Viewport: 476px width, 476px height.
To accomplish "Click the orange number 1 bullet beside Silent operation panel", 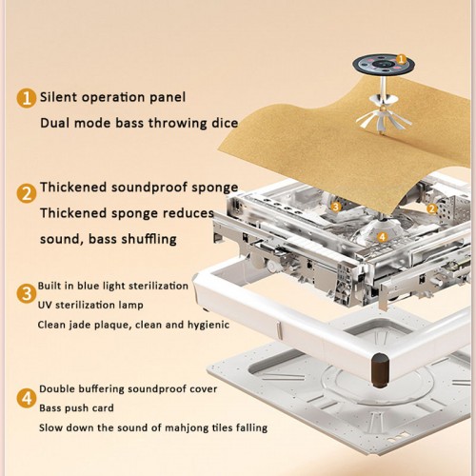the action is [27, 98].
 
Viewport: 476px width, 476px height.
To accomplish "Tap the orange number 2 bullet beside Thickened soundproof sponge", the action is [27, 193].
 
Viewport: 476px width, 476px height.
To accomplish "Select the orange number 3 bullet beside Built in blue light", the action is [27, 293].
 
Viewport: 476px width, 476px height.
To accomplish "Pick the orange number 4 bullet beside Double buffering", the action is [27, 398].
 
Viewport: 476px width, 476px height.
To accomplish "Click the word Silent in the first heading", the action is [58, 97].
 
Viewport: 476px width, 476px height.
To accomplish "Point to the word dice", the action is [225, 123].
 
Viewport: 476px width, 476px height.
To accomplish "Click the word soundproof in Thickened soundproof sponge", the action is [149, 188].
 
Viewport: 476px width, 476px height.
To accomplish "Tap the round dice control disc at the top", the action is [384, 65].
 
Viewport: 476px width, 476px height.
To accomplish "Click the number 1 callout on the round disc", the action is [402, 59].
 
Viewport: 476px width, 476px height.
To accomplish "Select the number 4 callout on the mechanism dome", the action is [383, 237].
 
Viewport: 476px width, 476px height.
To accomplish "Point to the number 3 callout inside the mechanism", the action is [336, 207].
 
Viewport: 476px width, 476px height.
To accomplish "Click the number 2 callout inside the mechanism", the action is [431, 208].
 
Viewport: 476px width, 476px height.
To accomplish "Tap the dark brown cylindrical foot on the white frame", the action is [381, 370].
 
